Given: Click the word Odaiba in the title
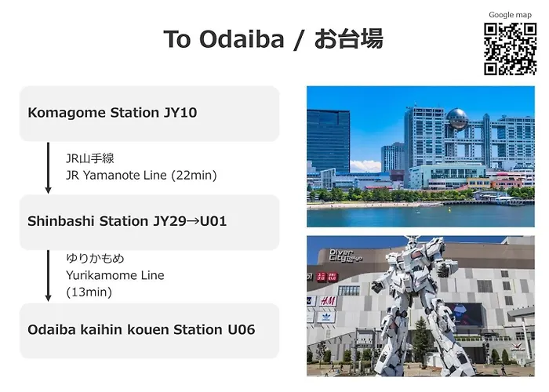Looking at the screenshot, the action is click(x=242, y=39).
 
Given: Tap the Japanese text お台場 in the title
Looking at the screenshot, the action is click(x=349, y=39).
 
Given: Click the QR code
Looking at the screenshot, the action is click(x=510, y=49).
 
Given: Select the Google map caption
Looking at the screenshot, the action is click(x=510, y=15).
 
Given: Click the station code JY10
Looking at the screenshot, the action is click(x=180, y=113).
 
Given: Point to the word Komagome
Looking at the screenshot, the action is click(x=67, y=113).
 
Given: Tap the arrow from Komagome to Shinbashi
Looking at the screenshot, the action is click(x=49, y=168).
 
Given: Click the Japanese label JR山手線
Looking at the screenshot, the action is click(x=90, y=158).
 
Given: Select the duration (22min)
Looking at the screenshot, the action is click(x=194, y=176).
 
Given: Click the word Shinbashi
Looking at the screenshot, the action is click(x=61, y=221).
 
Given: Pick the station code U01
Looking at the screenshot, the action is click(x=213, y=221).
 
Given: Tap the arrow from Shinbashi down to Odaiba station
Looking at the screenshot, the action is click(x=49, y=276).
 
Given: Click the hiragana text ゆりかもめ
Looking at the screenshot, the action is click(x=95, y=259).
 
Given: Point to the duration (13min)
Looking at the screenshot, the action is click(x=89, y=292).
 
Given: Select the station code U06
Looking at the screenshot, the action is click(x=242, y=330).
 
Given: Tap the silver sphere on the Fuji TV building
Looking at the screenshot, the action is click(x=457, y=119).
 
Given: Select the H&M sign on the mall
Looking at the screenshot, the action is click(x=327, y=301).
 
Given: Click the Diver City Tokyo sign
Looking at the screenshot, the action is click(x=345, y=256).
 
